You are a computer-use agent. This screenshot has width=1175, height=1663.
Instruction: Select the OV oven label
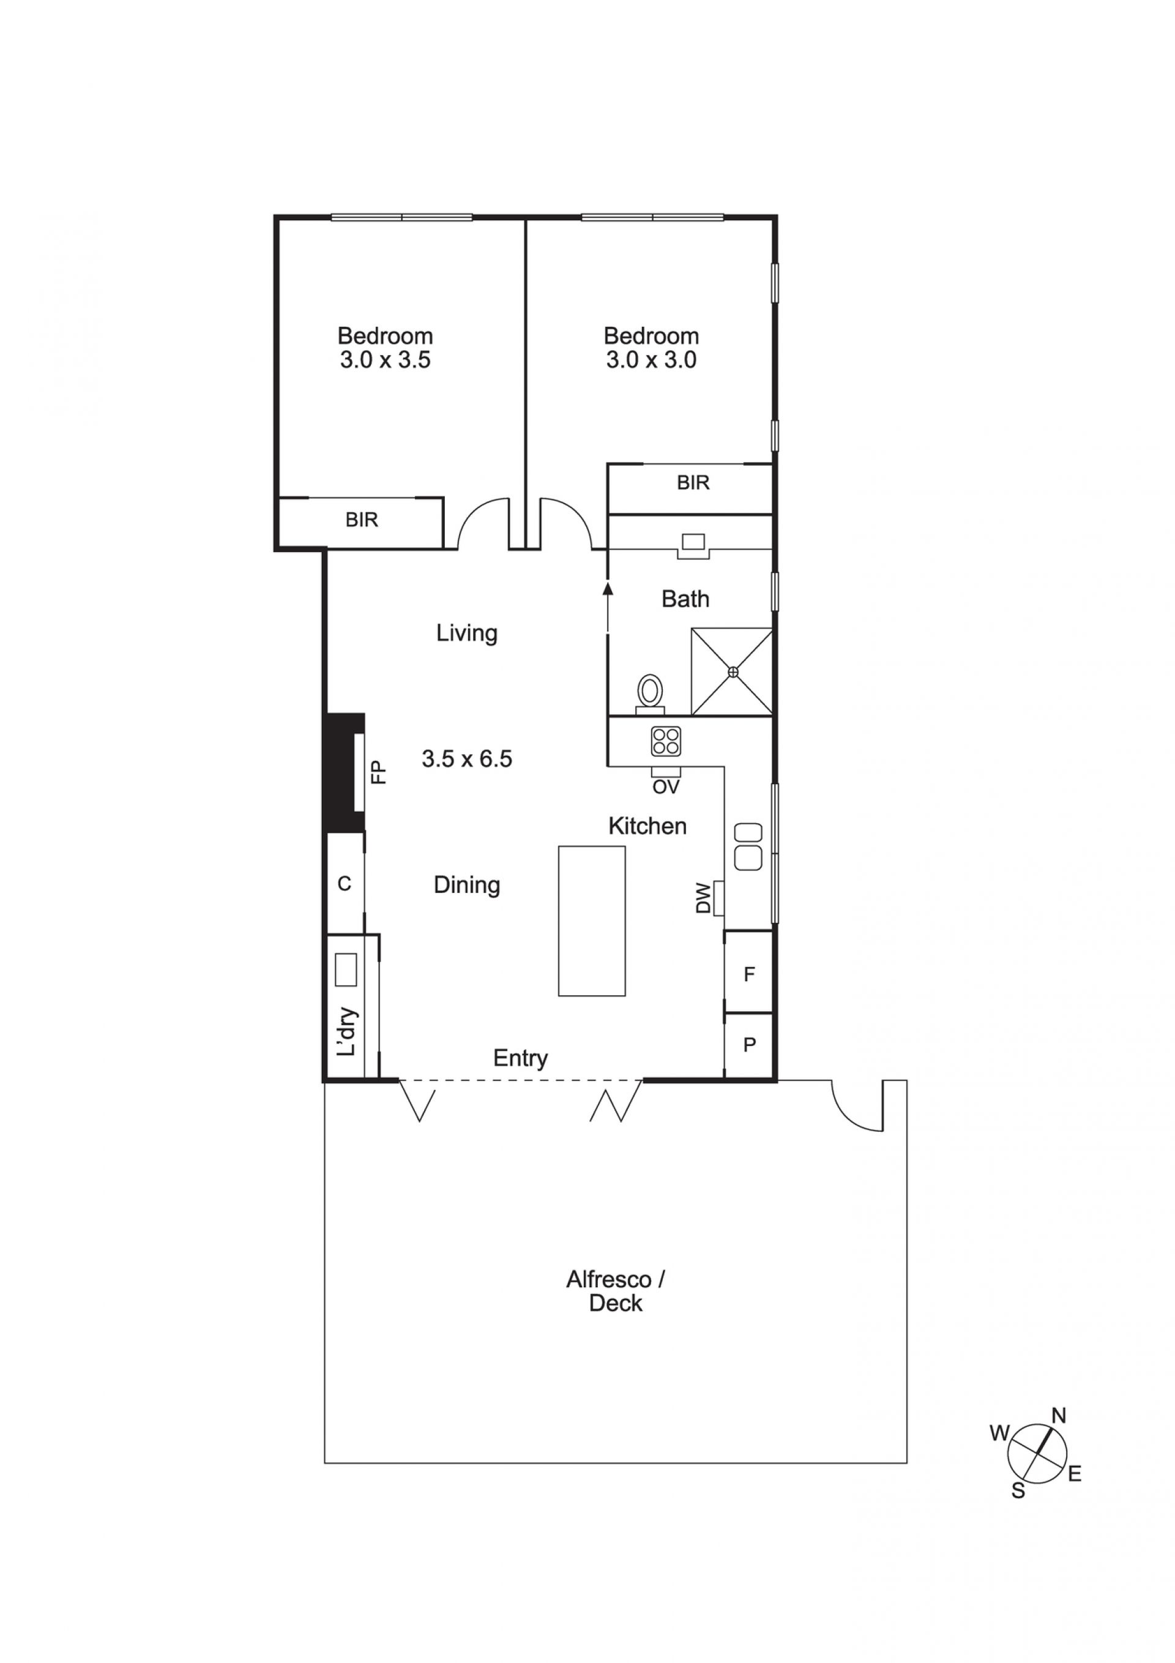666,787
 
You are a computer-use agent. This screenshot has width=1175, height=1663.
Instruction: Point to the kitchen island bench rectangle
591,921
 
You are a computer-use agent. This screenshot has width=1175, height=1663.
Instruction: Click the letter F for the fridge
749,974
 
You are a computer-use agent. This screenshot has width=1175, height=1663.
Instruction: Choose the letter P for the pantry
749,1044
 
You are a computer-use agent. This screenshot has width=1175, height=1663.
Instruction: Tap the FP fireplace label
379,772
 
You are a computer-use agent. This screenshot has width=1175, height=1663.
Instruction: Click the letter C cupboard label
345,883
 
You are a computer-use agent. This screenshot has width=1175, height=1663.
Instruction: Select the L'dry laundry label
348,1031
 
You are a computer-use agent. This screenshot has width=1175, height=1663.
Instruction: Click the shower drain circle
733,671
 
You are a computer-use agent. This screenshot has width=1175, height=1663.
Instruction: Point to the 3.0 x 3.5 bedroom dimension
386,360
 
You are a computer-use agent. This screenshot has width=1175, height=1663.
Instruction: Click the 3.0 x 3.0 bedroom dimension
651,360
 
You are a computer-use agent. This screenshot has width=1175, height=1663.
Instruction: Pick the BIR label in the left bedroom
362,519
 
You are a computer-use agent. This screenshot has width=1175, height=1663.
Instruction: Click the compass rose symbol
1036,1453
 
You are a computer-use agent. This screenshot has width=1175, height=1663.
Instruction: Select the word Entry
520,1058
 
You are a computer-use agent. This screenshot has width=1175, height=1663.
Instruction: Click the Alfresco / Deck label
616,1291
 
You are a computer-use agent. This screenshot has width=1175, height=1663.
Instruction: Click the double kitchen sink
748,846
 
